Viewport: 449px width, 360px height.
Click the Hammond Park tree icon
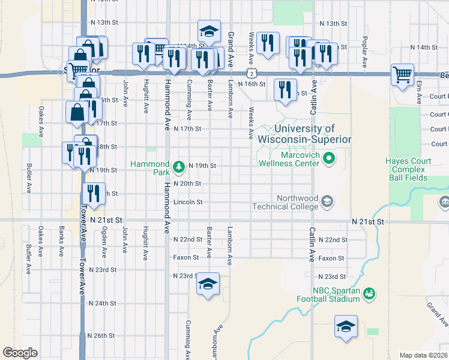[x=178, y=166]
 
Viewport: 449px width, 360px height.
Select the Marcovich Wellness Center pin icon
[x=328, y=158]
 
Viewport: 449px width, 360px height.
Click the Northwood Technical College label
[x=297, y=202]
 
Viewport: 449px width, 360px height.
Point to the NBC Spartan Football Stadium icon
[x=370, y=293]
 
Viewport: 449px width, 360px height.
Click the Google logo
[x=20, y=352]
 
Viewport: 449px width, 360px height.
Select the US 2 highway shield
[x=255, y=73]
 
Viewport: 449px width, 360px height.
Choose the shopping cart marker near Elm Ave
[x=402, y=75]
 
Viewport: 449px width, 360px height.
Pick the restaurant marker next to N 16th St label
[x=285, y=89]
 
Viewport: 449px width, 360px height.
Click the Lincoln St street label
[x=187, y=202]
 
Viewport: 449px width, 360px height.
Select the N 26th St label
[x=101, y=335]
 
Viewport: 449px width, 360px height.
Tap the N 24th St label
[x=101, y=303]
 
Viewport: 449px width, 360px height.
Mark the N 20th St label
[x=187, y=184]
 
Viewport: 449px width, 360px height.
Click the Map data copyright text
[x=424, y=355]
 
